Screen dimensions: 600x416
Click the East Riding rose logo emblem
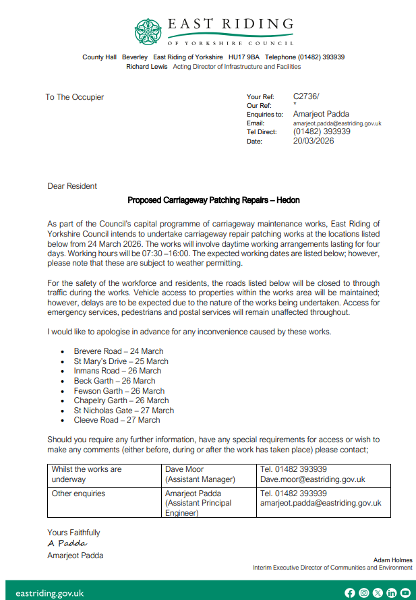[148, 30]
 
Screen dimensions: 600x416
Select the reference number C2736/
[307, 97]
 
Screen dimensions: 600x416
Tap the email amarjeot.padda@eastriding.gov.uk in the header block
[337, 123]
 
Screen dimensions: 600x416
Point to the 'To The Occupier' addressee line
[75, 97]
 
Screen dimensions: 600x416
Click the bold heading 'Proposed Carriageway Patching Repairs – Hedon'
[214, 200]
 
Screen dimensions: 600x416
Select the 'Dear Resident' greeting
[72, 186]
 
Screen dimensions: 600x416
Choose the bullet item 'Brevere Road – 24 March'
[119, 351]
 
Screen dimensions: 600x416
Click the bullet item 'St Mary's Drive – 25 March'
[121, 361]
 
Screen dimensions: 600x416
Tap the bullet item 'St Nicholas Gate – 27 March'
[124, 411]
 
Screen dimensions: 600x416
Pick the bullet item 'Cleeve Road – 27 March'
[117, 420]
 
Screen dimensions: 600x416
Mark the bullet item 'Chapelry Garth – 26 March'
[121, 400]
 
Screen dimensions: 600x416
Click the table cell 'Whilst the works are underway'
[86, 474]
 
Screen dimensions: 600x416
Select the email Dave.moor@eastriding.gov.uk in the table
[313, 479]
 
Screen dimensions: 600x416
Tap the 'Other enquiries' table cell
[79, 493]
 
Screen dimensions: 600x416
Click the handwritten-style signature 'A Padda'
[67, 543]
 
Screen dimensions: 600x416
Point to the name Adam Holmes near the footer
[393, 560]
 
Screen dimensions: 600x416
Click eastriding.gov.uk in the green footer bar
[49, 593]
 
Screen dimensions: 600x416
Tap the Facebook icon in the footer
[349, 593]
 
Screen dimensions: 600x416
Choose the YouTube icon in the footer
[405, 593]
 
